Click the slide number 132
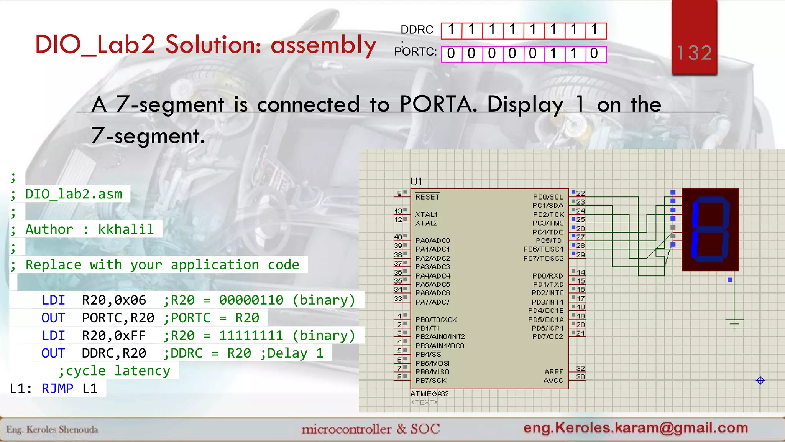click(694, 53)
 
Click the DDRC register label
click(417, 30)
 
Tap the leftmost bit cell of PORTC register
click(451, 54)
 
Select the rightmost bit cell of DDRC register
click(595, 30)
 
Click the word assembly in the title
click(324, 45)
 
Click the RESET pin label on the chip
click(427, 197)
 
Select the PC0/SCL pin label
click(548, 197)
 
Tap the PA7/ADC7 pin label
click(433, 302)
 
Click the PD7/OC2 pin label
click(548, 336)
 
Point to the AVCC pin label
click(553, 380)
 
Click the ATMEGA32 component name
click(429, 394)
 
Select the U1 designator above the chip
click(416, 181)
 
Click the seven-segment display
click(710, 229)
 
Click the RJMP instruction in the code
click(57, 388)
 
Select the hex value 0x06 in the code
click(130, 300)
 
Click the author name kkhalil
click(126, 229)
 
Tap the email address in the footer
click(636, 427)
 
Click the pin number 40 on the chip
click(398, 237)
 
